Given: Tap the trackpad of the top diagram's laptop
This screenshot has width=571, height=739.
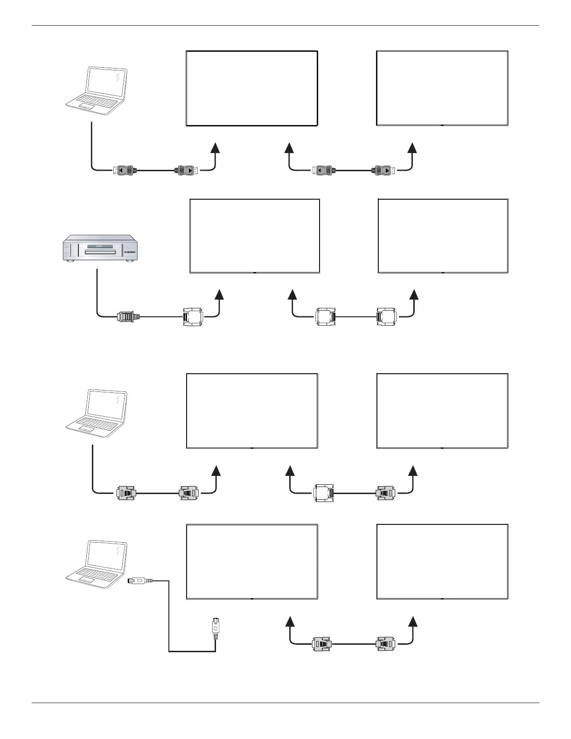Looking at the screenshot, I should [86, 107].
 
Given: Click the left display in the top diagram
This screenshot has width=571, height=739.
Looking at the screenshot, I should [252, 88].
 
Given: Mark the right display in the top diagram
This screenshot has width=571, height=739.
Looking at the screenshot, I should [442, 88].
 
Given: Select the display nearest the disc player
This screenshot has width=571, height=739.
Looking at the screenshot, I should [255, 236].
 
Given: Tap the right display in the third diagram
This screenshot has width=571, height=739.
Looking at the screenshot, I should [442, 411].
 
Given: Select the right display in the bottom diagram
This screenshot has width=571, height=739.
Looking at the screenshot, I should [442, 561].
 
